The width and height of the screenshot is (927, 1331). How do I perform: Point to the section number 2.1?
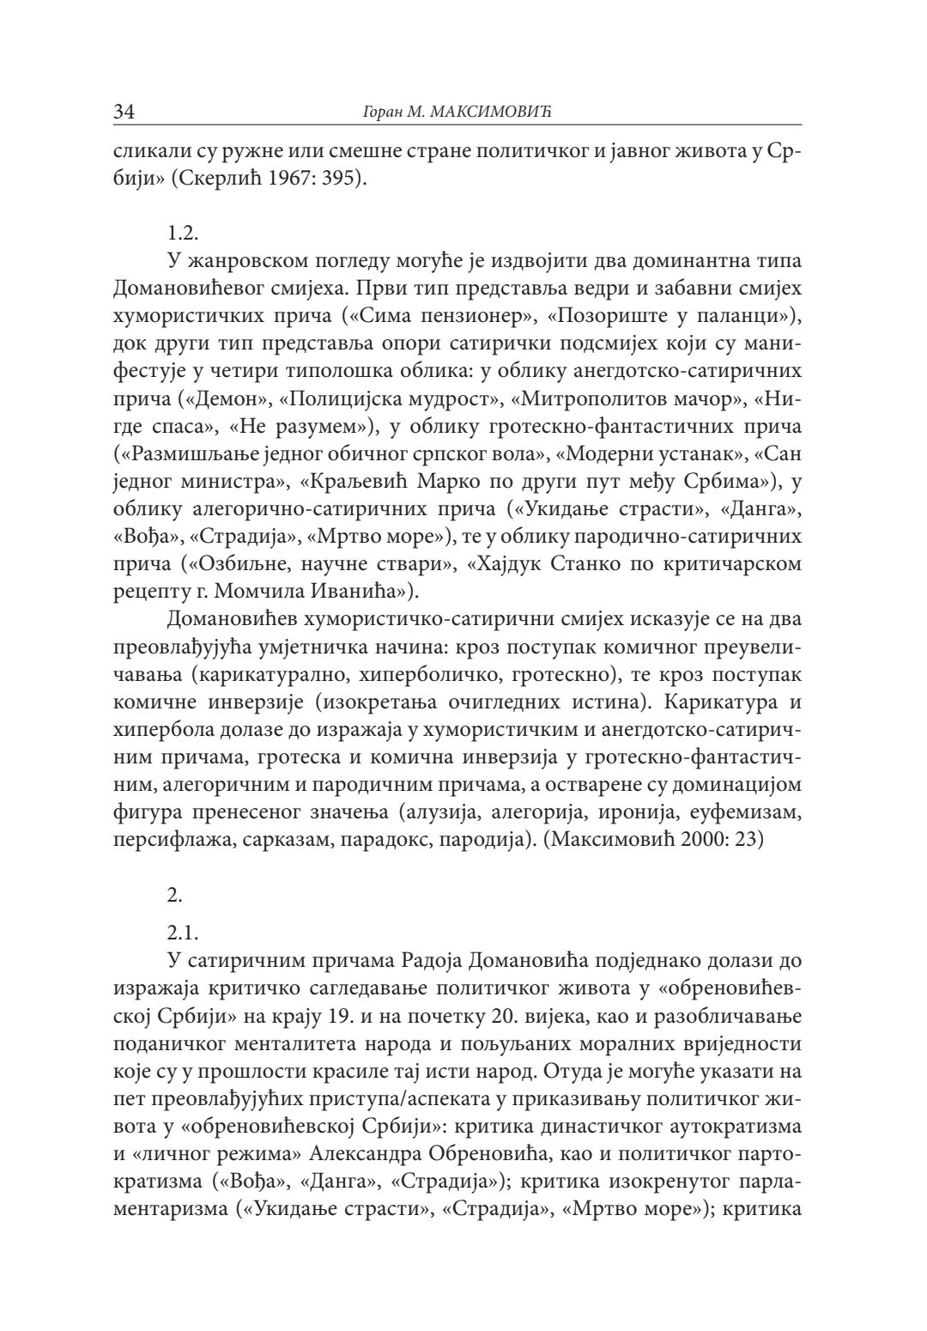point(183,932)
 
